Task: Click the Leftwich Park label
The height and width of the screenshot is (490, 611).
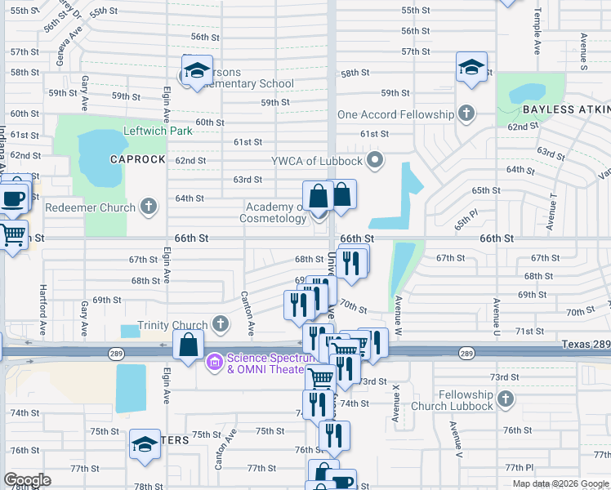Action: (x=157, y=131)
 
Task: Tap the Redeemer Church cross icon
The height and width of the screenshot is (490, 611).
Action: (x=149, y=207)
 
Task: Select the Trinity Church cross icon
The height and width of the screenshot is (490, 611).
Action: (x=220, y=325)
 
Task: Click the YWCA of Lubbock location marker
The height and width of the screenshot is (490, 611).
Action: (x=376, y=158)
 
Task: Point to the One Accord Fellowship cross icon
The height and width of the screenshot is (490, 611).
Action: (x=466, y=114)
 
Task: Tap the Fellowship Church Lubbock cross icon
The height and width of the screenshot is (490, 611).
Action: (x=506, y=399)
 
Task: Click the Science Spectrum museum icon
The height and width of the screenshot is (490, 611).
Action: (x=215, y=359)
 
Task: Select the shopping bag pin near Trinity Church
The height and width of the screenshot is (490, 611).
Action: (x=188, y=345)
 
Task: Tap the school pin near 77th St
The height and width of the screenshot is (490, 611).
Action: (x=145, y=444)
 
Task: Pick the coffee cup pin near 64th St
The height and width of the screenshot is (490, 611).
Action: (x=12, y=198)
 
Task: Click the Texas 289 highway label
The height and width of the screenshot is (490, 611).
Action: (x=585, y=345)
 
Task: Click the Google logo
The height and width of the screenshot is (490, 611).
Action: (x=27, y=480)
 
